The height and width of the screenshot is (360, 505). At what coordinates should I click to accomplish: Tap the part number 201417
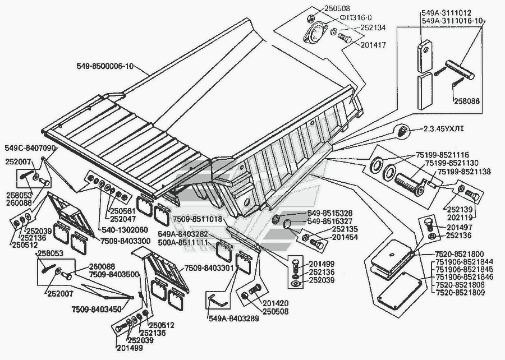pyautogui.click(x=370, y=44)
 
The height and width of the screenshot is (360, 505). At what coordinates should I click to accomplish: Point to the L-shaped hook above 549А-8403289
pyautogui.click(x=217, y=300)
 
